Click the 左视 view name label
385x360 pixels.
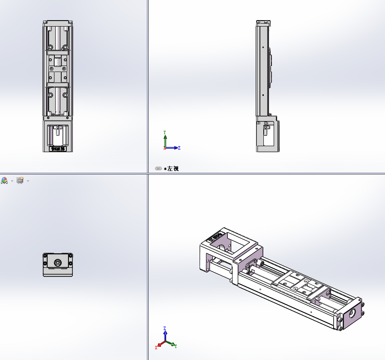(x=173, y=169)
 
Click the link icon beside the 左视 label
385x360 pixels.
(x=158, y=169)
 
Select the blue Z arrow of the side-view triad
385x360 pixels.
(x=176, y=148)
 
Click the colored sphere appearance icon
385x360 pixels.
(x=4, y=180)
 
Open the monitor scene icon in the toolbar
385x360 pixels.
(x=20, y=180)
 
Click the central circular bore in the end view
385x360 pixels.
(x=57, y=262)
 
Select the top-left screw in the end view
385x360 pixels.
(x=45, y=256)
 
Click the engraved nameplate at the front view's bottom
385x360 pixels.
(x=57, y=149)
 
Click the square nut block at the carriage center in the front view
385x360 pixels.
(x=58, y=69)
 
